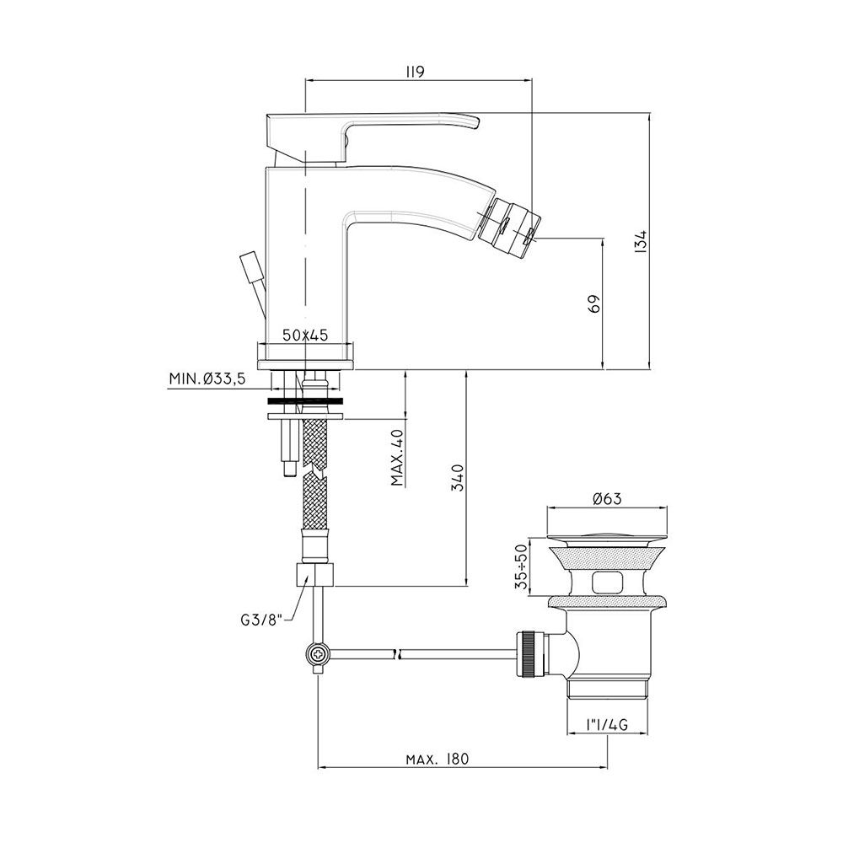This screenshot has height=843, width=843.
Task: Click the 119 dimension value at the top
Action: pos(415,72)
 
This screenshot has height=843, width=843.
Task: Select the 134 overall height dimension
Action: pos(641,241)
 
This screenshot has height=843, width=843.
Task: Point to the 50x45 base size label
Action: pos(305,336)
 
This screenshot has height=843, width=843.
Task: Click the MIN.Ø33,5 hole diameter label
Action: pos(207,379)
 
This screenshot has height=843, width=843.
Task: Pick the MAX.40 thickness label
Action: pos(398,458)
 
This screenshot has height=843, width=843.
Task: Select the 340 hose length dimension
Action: pos(457,477)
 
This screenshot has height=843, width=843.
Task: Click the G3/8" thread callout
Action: pos(261,620)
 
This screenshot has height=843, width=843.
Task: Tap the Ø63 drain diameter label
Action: pos(607,498)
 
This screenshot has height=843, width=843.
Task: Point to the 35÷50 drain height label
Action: pos(520,566)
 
